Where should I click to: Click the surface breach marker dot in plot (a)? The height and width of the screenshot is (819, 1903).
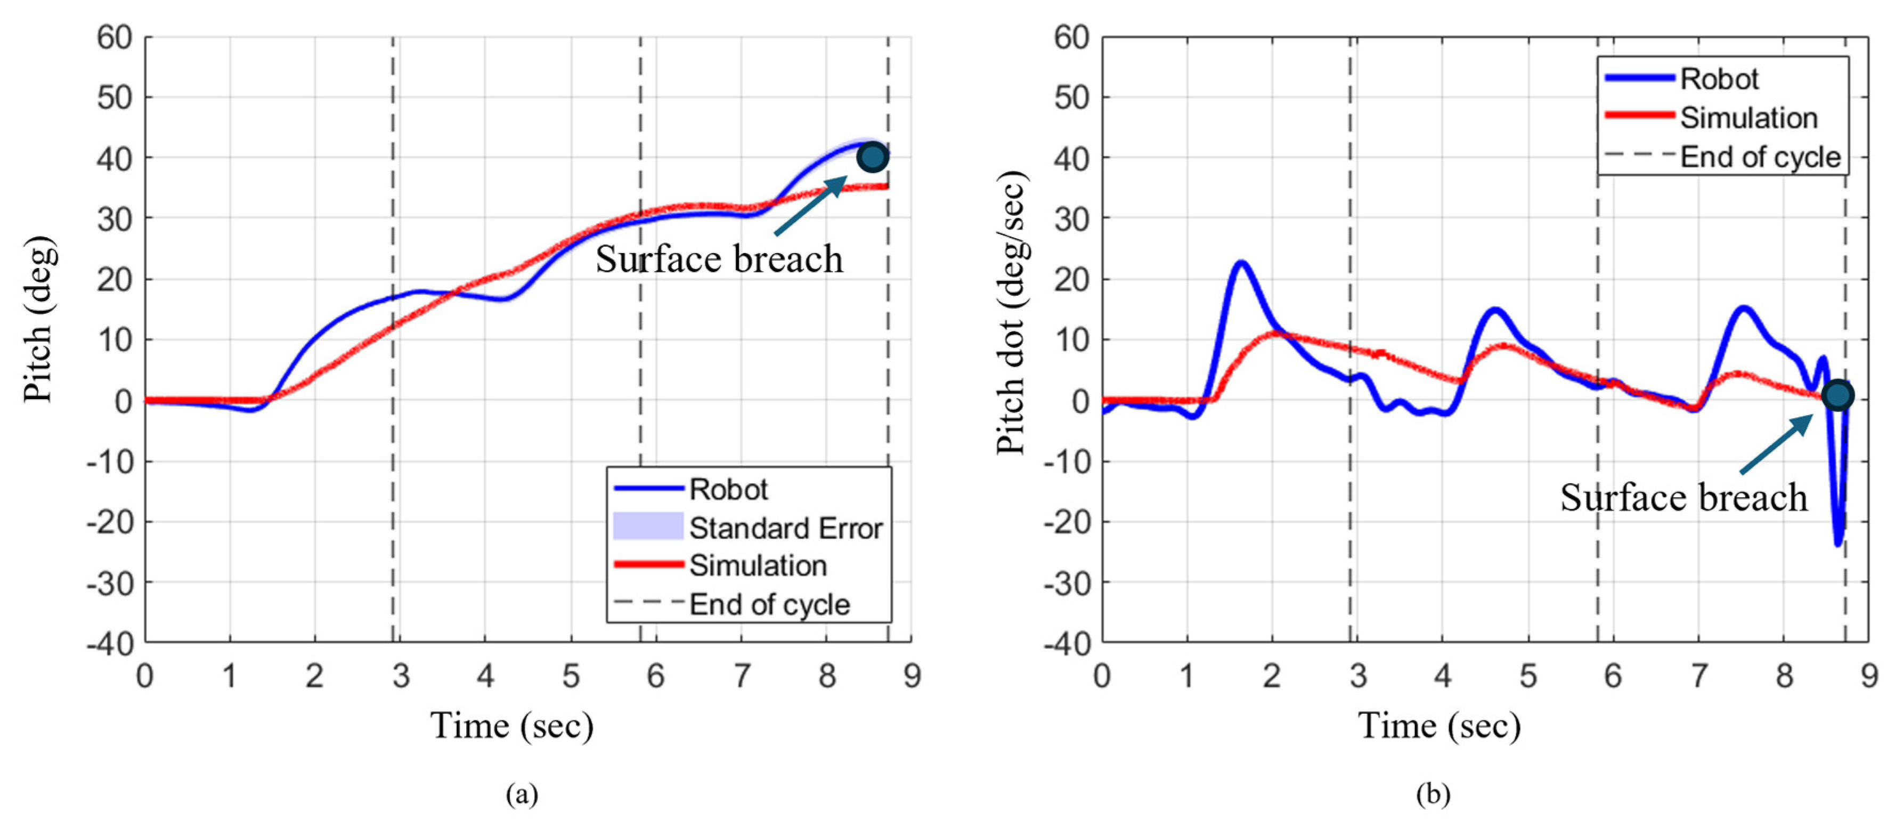[873, 157]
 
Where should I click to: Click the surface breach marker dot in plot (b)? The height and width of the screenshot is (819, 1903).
[1837, 395]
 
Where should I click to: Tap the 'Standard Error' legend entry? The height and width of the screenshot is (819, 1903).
[785, 528]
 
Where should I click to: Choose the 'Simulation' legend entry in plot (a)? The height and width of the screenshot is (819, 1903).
[757, 565]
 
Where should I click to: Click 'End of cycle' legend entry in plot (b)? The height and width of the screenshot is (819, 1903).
[1760, 157]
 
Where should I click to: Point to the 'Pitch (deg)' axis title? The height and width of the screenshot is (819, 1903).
[38, 319]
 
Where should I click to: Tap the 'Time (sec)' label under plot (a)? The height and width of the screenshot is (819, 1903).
[512, 726]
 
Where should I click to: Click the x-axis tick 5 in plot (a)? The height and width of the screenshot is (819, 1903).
[570, 676]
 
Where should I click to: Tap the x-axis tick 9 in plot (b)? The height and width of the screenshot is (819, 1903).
[1869, 676]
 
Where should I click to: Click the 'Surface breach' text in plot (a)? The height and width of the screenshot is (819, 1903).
[719, 260]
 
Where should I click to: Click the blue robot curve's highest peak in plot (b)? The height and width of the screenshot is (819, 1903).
[1241, 263]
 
